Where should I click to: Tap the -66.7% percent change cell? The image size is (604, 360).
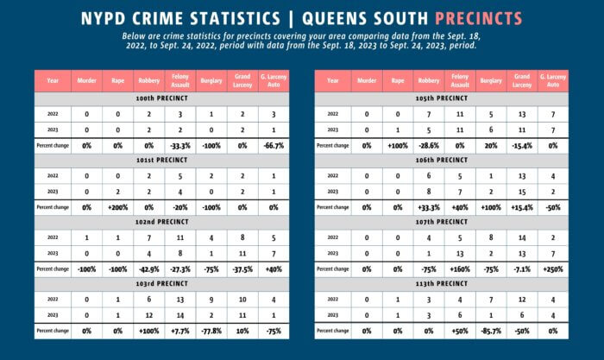click(267, 145)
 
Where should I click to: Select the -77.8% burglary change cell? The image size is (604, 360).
click(208, 331)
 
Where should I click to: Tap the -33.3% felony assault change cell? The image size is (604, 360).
click(176, 145)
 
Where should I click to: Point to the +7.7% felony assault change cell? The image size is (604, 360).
click(176, 331)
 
